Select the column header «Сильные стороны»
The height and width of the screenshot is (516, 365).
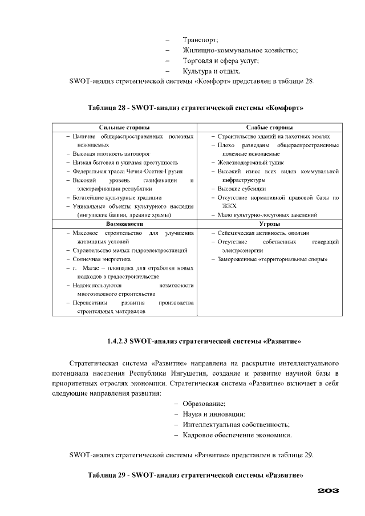click(124, 128)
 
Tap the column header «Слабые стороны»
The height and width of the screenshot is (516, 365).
click(269, 128)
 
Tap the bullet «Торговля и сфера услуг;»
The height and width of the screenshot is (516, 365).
click(221, 60)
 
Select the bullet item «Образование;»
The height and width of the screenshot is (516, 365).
click(204, 404)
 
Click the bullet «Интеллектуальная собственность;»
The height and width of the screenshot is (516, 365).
click(236, 425)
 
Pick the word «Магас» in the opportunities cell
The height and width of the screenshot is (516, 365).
click(91, 268)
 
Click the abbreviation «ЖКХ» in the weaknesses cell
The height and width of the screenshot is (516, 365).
click(230, 206)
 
